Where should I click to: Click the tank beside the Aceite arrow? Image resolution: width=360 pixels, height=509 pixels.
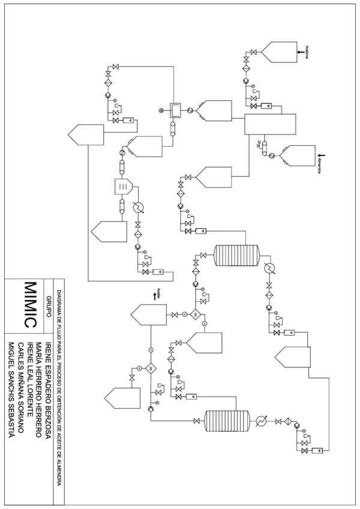click(x=146, y=315)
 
